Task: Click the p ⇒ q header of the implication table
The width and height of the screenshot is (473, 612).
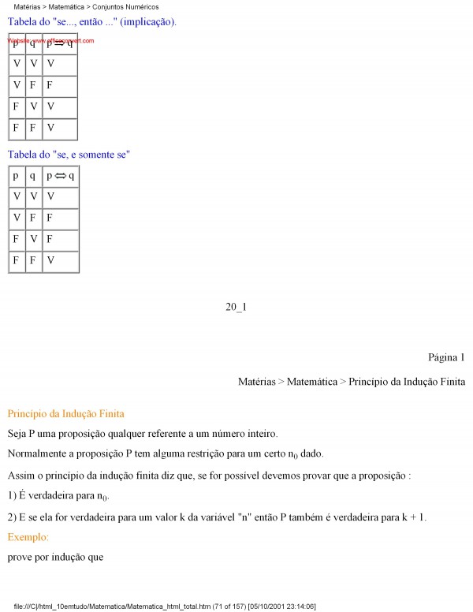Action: click(x=60, y=43)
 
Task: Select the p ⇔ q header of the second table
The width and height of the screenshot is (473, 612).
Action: click(x=60, y=176)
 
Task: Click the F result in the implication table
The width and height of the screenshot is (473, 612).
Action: click(x=50, y=85)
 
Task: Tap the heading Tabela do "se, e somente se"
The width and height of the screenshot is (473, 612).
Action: click(x=69, y=155)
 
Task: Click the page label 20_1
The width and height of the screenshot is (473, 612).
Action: click(x=236, y=307)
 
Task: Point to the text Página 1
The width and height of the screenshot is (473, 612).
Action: click(x=446, y=357)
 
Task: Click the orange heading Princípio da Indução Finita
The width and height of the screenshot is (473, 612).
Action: click(x=65, y=413)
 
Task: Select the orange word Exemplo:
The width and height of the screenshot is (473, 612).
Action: click(x=28, y=537)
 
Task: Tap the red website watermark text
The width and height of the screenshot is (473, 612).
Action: click(x=51, y=39)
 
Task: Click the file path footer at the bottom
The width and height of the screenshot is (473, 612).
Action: click(x=166, y=606)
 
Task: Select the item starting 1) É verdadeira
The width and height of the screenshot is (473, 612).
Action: click(x=59, y=495)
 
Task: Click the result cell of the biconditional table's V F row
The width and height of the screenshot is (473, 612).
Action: click(x=50, y=218)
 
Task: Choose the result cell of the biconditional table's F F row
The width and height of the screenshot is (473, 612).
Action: click(x=50, y=260)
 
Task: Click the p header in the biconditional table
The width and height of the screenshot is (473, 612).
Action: click(x=16, y=176)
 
